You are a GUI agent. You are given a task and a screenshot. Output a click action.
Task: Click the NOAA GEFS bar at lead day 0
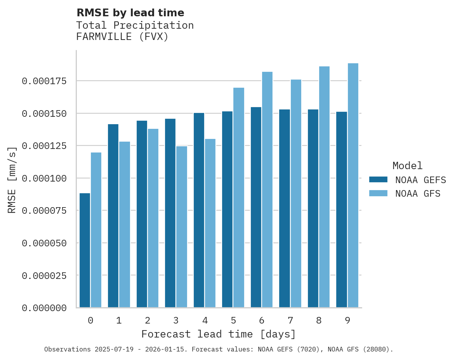[85, 250]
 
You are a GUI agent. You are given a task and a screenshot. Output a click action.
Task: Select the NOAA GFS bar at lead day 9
[353, 185]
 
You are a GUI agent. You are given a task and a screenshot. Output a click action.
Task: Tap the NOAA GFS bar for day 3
[182, 227]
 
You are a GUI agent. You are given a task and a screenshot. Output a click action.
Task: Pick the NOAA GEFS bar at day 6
[256, 207]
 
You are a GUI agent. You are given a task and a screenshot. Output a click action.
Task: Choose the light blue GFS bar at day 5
[239, 197]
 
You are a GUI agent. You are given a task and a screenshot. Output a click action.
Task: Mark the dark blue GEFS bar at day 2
[142, 214]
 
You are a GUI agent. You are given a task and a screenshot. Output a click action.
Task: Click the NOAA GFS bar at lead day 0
[96, 230]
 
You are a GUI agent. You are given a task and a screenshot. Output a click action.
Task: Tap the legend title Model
[407, 166]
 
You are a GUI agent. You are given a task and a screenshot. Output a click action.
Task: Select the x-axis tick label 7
[290, 320]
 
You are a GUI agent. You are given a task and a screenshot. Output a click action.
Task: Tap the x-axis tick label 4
[205, 320]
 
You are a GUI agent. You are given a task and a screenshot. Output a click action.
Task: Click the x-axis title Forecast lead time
[218, 334]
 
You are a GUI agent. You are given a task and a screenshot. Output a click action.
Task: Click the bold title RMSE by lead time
[130, 13]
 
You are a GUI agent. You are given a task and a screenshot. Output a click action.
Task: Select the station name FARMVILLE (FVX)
[122, 37]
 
